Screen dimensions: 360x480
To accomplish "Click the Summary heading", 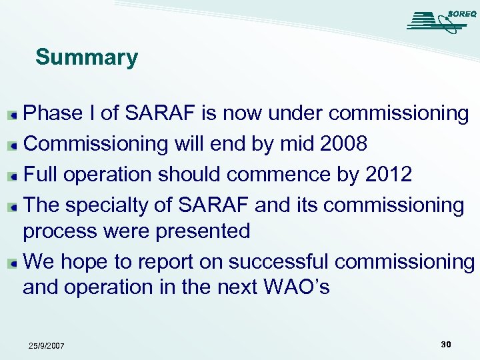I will tap(87, 57).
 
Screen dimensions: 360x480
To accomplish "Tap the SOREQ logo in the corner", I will tap(438, 21).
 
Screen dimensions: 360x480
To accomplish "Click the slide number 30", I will tap(445, 344).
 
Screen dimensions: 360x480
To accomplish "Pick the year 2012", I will tap(389, 175).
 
